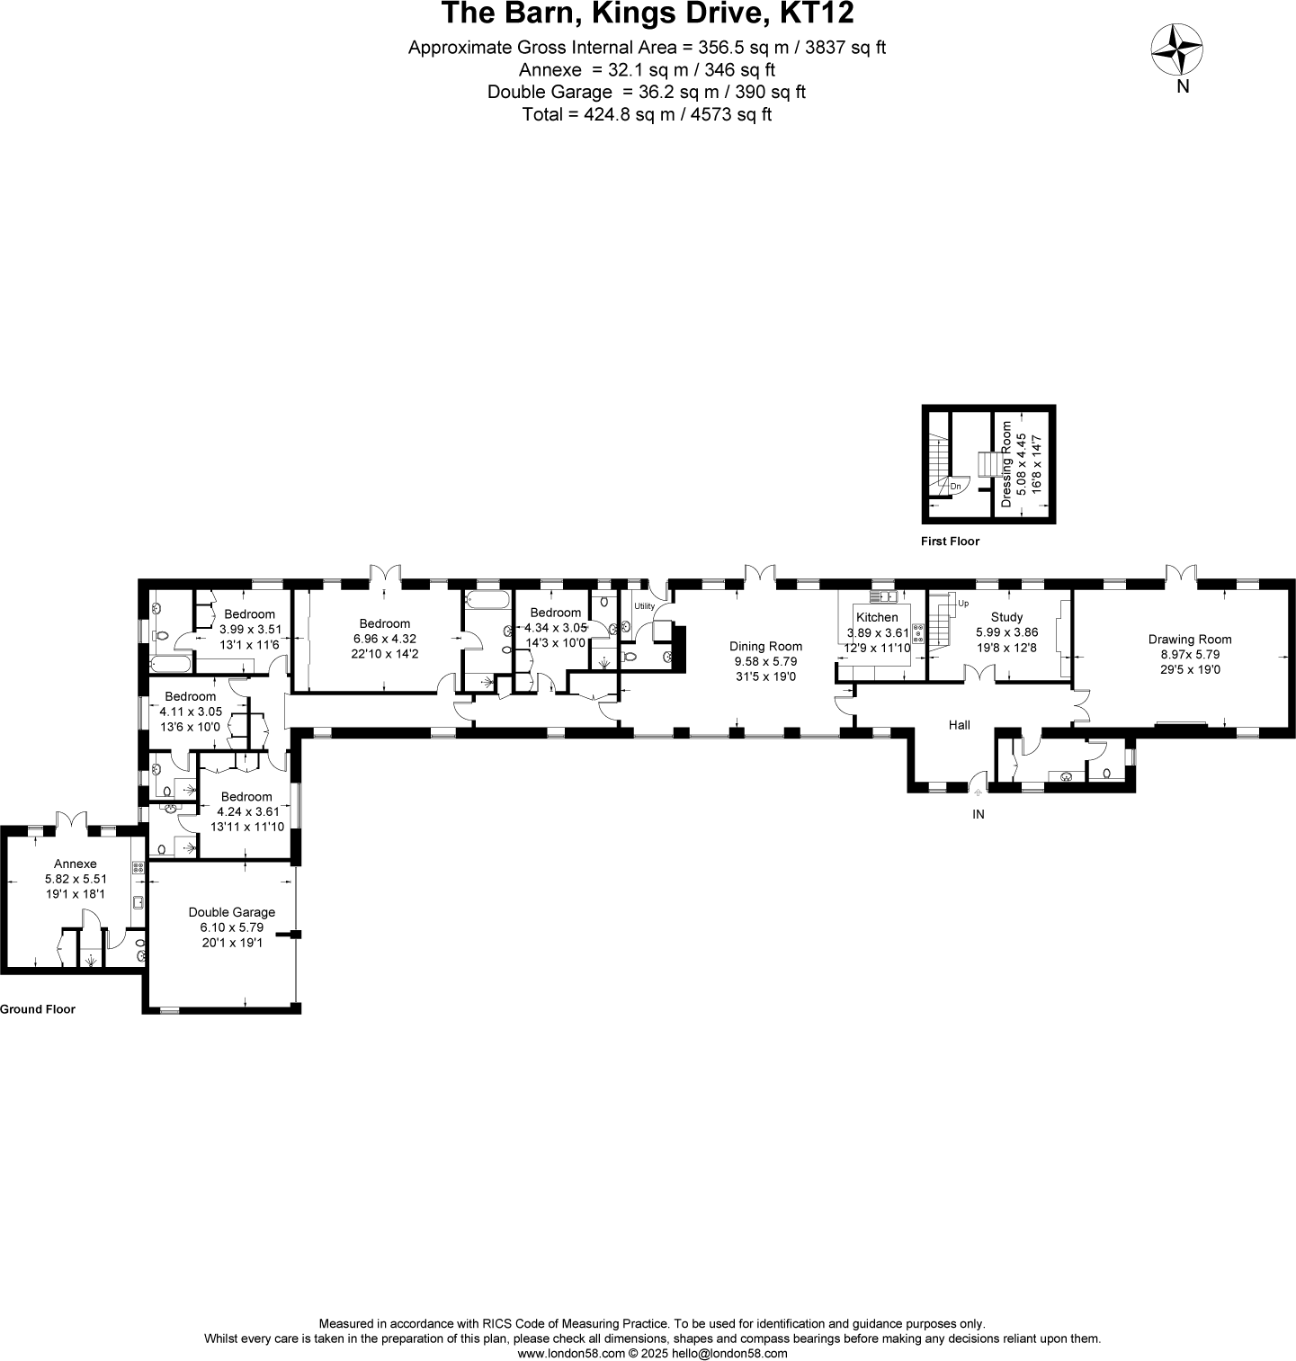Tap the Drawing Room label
click(x=1189, y=640)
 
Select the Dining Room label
click(x=765, y=646)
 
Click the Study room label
click(x=1006, y=617)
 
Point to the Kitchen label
click(x=876, y=617)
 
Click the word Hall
click(x=960, y=724)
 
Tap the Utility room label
click(x=644, y=606)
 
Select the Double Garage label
click(x=231, y=911)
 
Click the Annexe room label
click(x=75, y=864)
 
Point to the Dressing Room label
click(x=1006, y=464)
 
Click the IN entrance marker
click(x=979, y=814)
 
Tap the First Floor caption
click(x=950, y=542)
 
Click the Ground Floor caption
click(x=38, y=1009)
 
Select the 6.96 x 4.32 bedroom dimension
click(x=384, y=639)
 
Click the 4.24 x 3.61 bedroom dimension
click(x=246, y=811)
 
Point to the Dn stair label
click(x=955, y=487)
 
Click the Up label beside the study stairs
click(x=963, y=603)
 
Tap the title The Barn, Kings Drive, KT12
click(x=647, y=15)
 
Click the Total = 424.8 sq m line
click(x=647, y=115)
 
